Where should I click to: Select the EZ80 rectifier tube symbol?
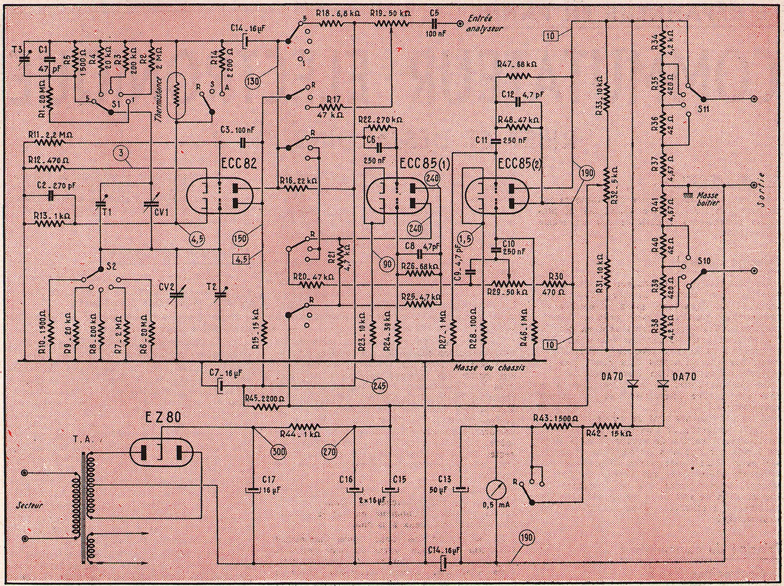coord(161,452)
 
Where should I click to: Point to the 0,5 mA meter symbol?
coord(497,490)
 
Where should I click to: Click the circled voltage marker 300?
coord(278,452)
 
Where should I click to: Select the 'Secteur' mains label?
coord(30,505)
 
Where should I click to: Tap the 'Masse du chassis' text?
coord(489,368)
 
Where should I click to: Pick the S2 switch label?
coord(111,266)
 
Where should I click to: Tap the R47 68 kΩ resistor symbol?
coord(518,75)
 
